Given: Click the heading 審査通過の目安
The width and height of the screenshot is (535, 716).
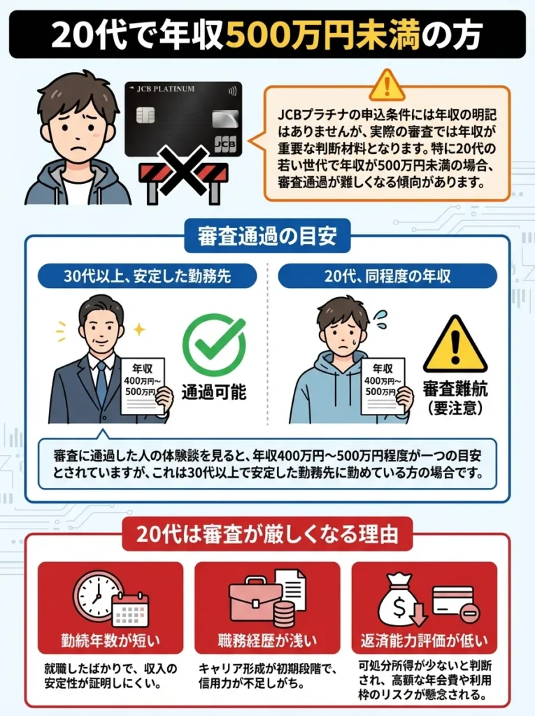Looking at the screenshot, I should coord(266,236).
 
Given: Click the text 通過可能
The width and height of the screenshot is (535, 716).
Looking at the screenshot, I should coord(214,392).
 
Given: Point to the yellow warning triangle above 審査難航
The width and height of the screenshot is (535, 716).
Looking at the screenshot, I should coord(455,344).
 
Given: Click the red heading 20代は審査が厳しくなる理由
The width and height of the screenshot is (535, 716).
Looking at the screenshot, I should coord(267,535).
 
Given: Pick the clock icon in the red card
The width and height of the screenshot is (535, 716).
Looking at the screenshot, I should coord(99,596).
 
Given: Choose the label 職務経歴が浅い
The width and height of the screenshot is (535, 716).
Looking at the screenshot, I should coord(267,640).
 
